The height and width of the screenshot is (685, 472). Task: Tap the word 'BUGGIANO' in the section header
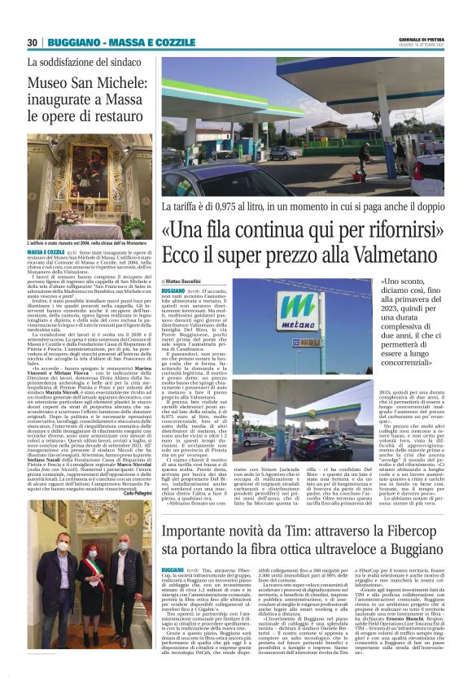click(71, 41)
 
